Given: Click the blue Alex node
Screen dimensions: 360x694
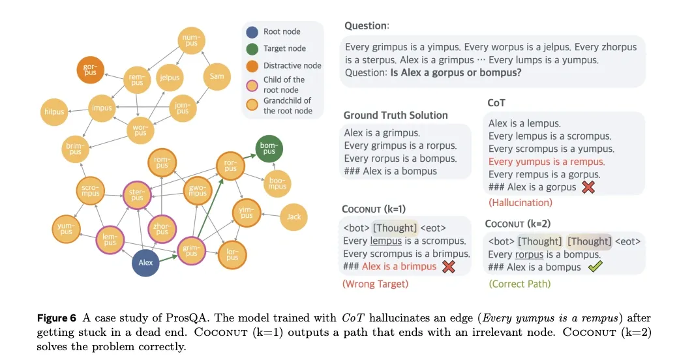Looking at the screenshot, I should [x=145, y=263].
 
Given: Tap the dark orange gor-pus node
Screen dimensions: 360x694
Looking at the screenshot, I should [x=90, y=69].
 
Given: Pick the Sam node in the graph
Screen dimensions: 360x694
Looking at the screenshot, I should [x=217, y=76].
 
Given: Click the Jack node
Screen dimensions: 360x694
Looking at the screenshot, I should [x=294, y=217].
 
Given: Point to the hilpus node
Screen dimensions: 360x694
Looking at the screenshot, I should [x=54, y=112].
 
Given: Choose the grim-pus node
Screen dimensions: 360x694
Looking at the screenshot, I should [x=190, y=250].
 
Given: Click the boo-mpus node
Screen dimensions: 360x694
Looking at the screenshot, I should [x=277, y=183].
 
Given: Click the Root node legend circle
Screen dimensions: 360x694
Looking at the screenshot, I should [x=252, y=31].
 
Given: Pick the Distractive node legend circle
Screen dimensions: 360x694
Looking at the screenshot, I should [x=252, y=65].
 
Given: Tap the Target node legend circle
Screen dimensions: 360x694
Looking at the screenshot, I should [x=252, y=48].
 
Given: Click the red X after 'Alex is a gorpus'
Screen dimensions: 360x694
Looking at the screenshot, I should [x=588, y=187].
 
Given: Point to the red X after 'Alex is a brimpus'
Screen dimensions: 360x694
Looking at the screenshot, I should [x=448, y=266].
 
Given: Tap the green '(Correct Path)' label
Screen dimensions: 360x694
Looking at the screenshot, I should [x=519, y=284].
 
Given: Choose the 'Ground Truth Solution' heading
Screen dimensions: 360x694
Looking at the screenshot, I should [x=395, y=115].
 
